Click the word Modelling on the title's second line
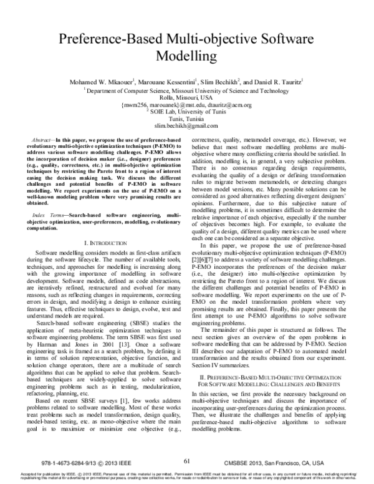tap(187, 57)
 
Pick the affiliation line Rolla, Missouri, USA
tap(187, 97)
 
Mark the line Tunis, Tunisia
tap(187, 119)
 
